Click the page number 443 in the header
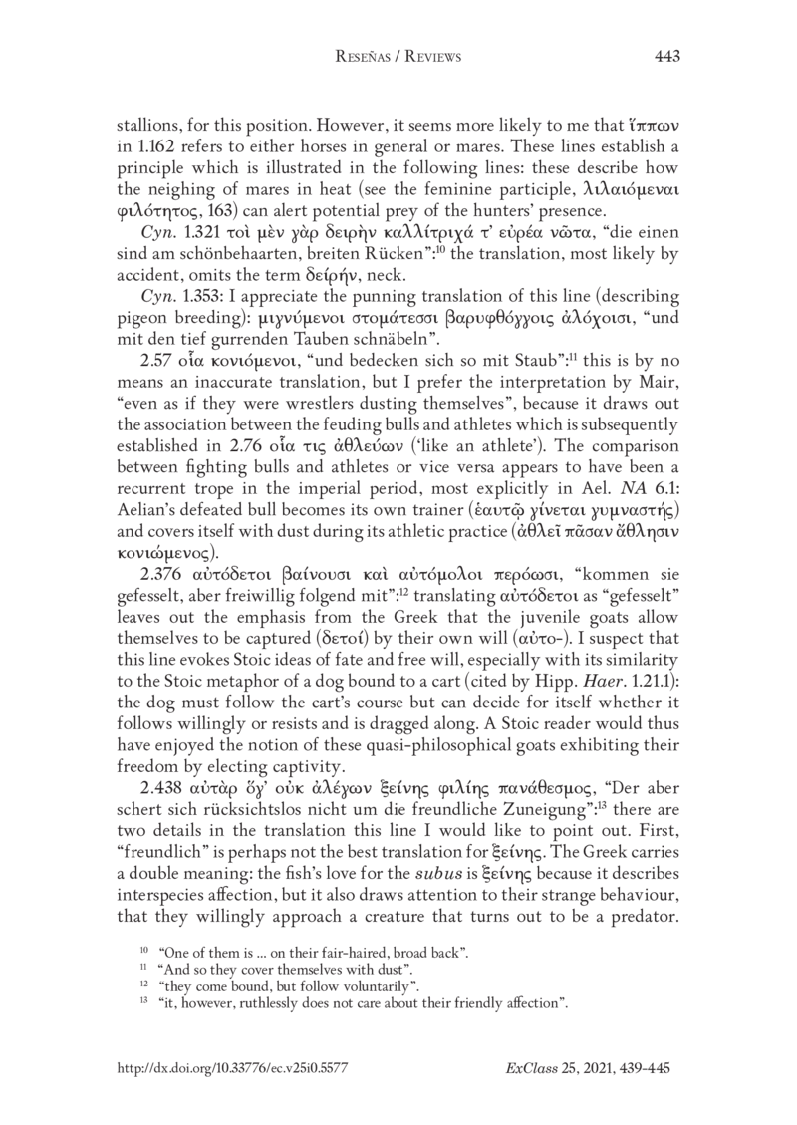(666, 57)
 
